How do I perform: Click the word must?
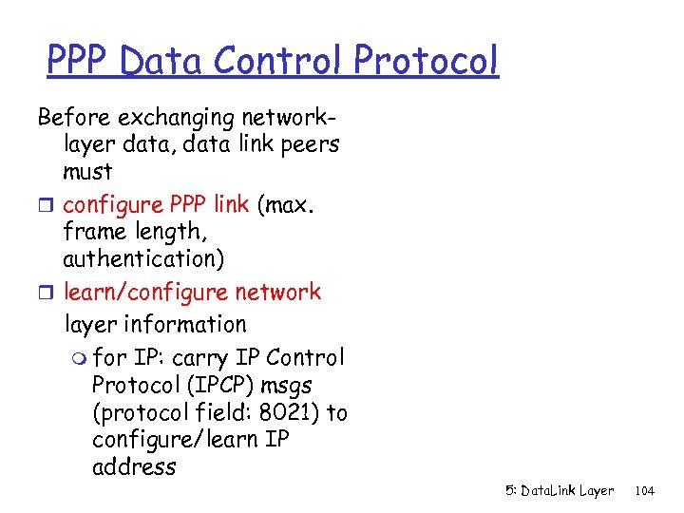click(x=87, y=172)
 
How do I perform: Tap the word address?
click(x=134, y=467)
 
